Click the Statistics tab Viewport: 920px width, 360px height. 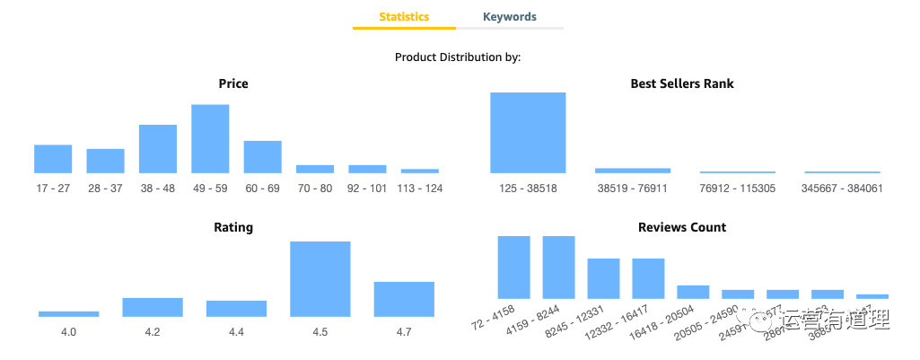pos(404,17)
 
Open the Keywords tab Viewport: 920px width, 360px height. pos(509,17)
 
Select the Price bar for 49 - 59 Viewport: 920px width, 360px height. pos(210,138)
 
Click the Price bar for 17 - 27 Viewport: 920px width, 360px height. pos(53,159)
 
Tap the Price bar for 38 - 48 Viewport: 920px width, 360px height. pos(158,149)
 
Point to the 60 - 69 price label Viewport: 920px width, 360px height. pos(262,189)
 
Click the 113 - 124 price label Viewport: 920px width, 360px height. pos(420,189)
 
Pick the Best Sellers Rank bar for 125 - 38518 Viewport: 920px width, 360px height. pos(528,133)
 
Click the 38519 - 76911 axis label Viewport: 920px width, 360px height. pos(632,189)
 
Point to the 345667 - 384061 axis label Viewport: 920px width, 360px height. pos(842,189)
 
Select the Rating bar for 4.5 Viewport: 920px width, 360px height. pos(320,279)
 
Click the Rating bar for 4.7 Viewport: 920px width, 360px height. pos(404,299)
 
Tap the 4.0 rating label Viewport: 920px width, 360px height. pos(68,332)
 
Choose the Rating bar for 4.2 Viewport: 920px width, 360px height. pos(153,307)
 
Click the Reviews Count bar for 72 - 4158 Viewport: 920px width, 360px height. pos(514,267)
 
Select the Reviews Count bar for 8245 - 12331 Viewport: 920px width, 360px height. pos(603,278)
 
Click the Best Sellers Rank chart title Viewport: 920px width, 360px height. pos(682,83)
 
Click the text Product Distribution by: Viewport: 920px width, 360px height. pos(458,57)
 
